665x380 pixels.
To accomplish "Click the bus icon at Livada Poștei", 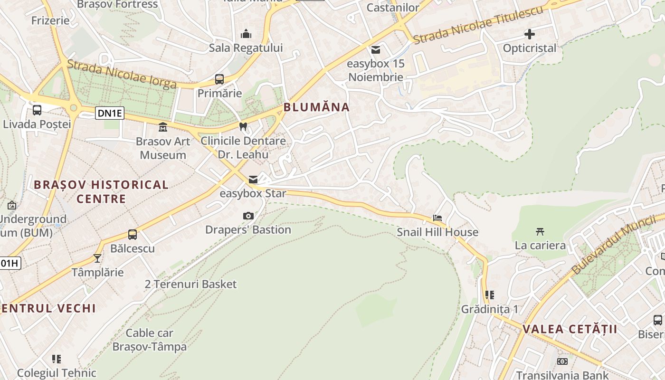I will [x=37, y=110].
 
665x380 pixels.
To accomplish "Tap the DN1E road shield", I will [x=110, y=113].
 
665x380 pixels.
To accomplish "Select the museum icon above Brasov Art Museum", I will [x=163, y=127].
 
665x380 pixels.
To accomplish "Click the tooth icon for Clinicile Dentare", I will [x=243, y=126].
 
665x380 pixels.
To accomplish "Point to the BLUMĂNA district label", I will [x=316, y=107].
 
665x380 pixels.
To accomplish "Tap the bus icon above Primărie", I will [x=219, y=79].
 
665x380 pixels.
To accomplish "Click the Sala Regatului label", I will [x=246, y=48].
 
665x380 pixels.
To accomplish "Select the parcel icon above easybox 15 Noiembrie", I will [x=376, y=49].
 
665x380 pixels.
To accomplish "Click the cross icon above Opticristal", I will [x=530, y=34].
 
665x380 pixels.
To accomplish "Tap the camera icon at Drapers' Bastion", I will [x=248, y=216].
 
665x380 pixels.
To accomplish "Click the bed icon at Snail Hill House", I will [x=437, y=218].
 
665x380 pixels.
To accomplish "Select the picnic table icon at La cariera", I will [x=540, y=231].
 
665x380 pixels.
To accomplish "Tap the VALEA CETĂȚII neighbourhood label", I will [x=570, y=329].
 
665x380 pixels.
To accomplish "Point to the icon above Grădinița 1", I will [x=490, y=295].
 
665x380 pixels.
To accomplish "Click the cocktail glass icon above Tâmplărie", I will [x=97, y=258].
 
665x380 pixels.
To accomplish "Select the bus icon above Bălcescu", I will [x=133, y=235].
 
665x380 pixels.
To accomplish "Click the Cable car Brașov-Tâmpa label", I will [x=150, y=340].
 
